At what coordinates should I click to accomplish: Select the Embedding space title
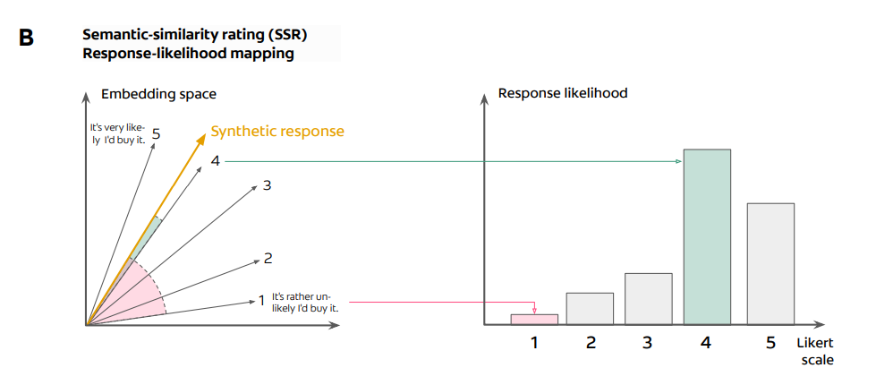click(x=158, y=94)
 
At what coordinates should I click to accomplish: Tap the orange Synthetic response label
click(x=277, y=132)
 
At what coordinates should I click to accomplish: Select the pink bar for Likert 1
click(x=534, y=319)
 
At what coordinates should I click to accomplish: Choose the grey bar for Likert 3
click(x=649, y=298)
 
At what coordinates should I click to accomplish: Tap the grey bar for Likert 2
click(x=590, y=308)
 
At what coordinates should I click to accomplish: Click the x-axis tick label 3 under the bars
click(x=649, y=342)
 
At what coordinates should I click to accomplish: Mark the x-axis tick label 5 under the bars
click(x=771, y=342)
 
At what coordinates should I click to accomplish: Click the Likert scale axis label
click(x=814, y=352)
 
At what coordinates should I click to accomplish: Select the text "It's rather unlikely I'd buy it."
click(x=305, y=301)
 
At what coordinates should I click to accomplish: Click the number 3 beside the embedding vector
click(x=267, y=186)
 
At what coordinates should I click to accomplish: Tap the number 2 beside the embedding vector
click(x=268, y=259)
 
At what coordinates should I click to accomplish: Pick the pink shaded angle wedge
click(x=143, y=291)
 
